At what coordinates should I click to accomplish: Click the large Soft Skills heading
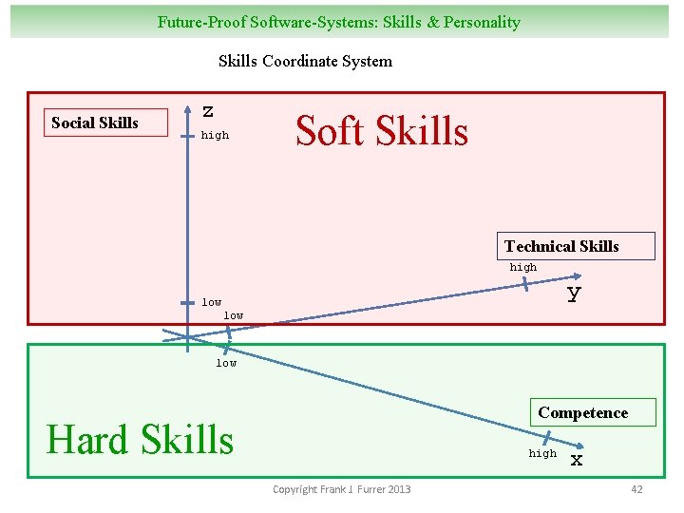(382, 131)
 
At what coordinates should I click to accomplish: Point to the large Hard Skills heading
(140, 440)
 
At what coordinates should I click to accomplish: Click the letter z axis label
(208, 111)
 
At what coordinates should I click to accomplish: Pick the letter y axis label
(574, 294)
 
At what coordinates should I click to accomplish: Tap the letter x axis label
(576, 461)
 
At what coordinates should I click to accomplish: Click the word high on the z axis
(215, 135)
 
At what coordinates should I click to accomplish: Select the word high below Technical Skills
(522, 267)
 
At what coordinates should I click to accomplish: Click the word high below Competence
(542, 453)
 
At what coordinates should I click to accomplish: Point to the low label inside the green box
(226, 363)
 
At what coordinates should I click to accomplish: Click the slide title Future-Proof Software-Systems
(339, 22)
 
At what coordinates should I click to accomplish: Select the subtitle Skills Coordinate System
(305, 61)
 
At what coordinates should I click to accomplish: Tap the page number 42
(636, 489)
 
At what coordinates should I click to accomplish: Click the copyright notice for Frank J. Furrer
(342, 489)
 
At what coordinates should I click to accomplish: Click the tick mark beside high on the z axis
(187, 135)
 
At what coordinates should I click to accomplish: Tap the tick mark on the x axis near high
(546, 436)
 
